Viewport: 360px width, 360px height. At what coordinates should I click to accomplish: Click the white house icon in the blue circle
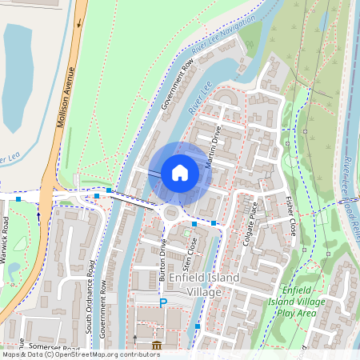(180, 172)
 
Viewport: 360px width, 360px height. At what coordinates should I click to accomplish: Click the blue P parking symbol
(163, 304)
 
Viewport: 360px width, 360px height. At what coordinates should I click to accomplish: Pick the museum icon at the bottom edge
(155, 345)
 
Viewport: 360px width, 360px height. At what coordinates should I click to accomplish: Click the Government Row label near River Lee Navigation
(177, 85)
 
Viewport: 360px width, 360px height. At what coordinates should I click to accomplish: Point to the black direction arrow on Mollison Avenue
(79, 22)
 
